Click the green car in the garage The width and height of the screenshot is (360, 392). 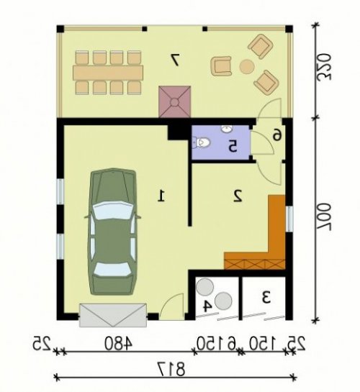[x=112, y=232]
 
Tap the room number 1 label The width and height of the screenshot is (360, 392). [x=161, y=196]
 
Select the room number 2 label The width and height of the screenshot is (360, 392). [x=238, y=196]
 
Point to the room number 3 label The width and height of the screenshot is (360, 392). [x=266, y=297]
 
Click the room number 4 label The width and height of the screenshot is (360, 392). [x=207, y=306]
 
